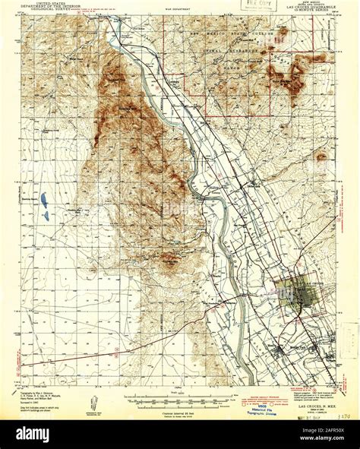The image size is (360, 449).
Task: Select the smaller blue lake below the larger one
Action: (45, 216)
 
